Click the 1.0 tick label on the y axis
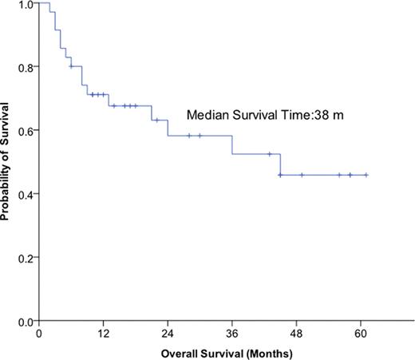(26, 5)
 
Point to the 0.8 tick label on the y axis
(26, 67)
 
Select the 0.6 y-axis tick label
(26, 131)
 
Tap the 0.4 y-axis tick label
(26, 194)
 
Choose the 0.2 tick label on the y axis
(26, 258)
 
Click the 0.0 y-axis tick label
(26, 321)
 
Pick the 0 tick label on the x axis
(38, 334)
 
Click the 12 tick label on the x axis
(103, 334)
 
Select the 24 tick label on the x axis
(168, 334)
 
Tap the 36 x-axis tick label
(232, 334)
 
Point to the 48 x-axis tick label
(297, 334)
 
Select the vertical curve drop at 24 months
(168, 128)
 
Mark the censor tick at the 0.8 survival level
(71, 66)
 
